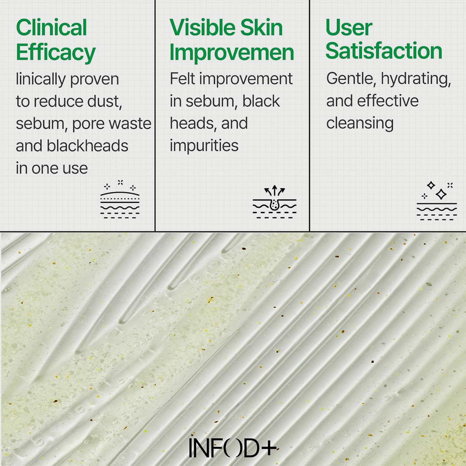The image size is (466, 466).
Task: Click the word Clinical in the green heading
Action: (51, 28)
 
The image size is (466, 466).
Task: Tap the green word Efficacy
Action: (56, 53)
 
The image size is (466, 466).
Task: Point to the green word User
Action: (349, 28)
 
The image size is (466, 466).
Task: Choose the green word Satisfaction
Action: (384, 51)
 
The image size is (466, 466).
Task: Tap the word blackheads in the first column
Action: (87, 146)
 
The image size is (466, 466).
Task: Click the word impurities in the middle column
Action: (204, 146)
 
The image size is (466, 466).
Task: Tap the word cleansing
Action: (360, 123)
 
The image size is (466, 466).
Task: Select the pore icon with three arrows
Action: (274, 202)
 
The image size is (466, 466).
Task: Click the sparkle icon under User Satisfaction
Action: (437, 201)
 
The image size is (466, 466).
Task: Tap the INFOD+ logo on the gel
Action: (233, 448)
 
